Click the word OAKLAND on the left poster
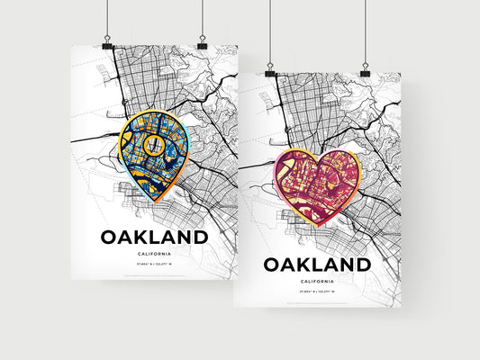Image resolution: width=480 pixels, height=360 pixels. pos(155,238)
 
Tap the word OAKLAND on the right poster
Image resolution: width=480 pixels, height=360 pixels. pos(316,265)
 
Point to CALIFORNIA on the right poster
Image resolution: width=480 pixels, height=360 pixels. pos(316,281)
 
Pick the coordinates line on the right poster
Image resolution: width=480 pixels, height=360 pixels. pos(316,292)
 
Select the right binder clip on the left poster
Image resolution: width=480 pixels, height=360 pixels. pos(202,43)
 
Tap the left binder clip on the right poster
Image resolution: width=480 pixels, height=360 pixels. pos(270,70)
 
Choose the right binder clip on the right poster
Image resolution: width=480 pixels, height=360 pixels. pos(365,70)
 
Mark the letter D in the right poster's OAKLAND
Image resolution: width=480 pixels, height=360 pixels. pos(360,265)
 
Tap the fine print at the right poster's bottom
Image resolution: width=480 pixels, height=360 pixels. pos(316,301)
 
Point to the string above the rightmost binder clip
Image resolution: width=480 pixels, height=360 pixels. pos(365,31)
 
